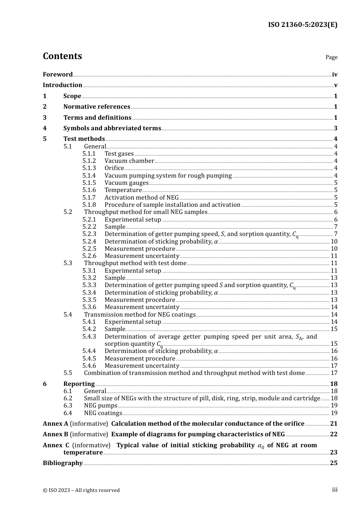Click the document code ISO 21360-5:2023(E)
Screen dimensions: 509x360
302,25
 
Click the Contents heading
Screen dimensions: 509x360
62,56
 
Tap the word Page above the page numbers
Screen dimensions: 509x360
331,57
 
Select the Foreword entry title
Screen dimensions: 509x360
58,75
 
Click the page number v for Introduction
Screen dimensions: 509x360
335,85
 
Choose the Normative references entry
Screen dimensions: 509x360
97,107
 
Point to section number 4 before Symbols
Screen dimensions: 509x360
45,128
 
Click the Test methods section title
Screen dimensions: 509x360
84,139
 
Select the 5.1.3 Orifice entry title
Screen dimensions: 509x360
114,168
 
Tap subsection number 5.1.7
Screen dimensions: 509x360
89,198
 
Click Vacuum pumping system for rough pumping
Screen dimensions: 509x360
168,176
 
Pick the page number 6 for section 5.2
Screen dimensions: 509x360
335,212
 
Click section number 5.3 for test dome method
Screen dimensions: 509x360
68,263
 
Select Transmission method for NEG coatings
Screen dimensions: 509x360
139,315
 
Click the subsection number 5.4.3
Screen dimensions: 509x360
89,337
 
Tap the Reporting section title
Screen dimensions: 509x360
79,384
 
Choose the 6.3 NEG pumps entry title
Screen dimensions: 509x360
100,406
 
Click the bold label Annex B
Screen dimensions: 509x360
55,434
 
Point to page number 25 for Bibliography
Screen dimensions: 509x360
333,463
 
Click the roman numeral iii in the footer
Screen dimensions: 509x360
335,490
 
